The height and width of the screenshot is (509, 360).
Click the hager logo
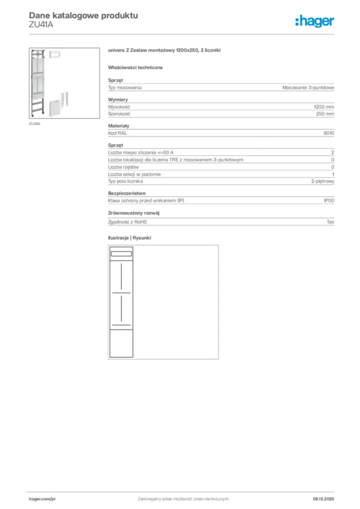point(314,20)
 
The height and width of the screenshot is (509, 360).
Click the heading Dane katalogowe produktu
point(84,16)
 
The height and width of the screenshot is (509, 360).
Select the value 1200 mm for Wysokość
point(324,107)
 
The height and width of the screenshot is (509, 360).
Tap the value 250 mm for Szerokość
point(325,114)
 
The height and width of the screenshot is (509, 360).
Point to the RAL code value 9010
point(329,133)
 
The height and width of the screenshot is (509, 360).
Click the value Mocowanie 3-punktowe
point(308,87)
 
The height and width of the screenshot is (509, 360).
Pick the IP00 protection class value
point(329,200)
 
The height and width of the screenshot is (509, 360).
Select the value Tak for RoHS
point(330,222)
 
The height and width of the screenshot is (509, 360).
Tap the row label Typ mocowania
point(125,87)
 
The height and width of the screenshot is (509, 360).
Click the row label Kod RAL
point(118,133)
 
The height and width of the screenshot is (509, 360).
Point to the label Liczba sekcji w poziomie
point(134,174)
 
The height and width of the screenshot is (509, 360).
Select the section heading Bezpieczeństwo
point(127,193)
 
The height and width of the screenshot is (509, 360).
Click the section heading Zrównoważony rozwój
point(133,213)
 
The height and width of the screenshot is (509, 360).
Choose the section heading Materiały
point(119,126)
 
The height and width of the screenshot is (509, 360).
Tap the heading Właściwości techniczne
point(135,67)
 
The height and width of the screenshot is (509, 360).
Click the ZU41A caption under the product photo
point(34,123)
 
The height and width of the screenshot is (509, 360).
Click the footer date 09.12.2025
point(323,499)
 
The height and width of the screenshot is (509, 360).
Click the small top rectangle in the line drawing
point(121,254)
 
